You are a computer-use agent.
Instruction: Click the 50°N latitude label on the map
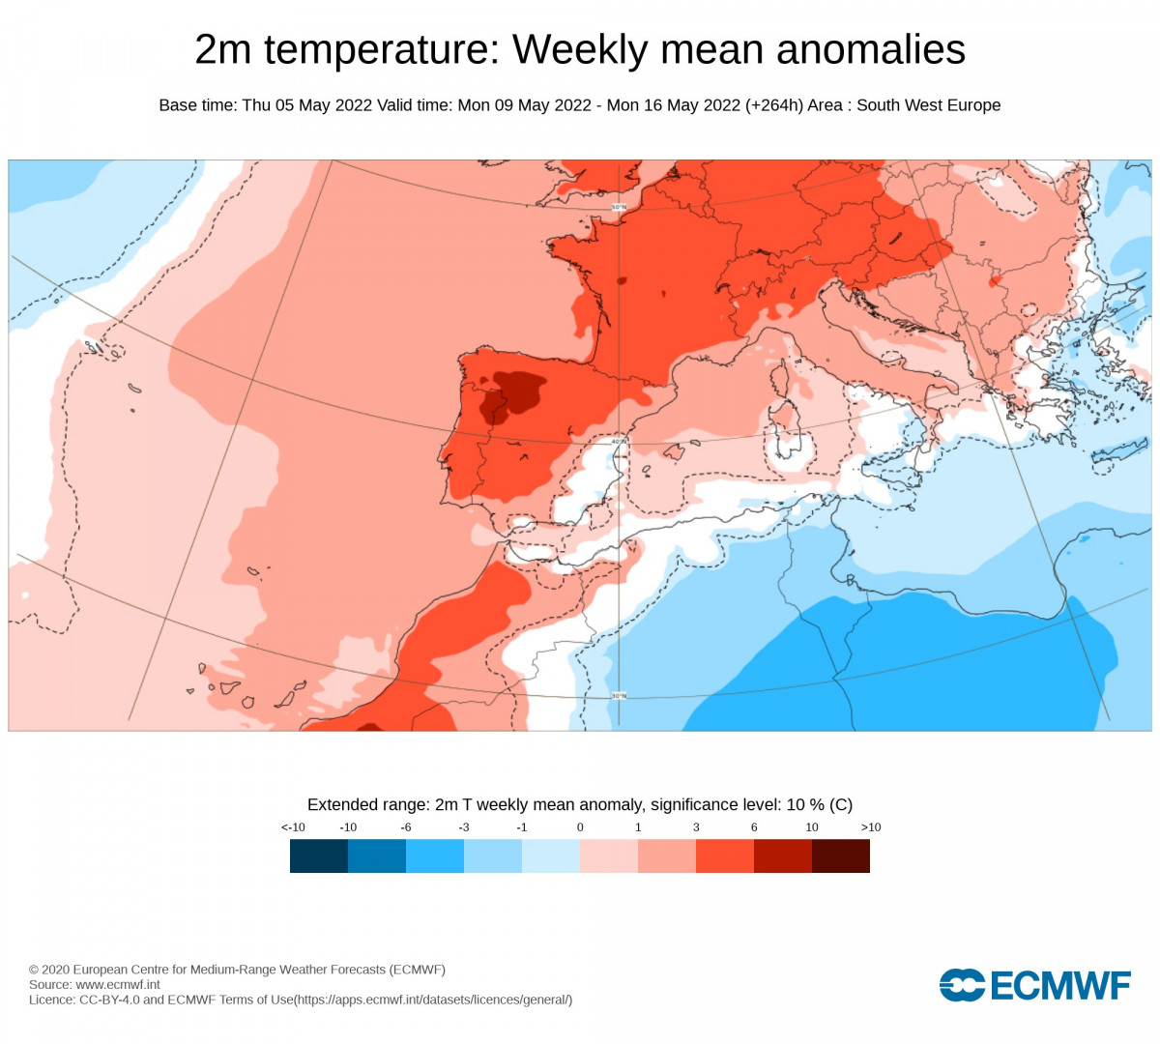[x=619, y=207]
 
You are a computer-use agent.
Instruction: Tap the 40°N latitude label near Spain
[x=619, y=442]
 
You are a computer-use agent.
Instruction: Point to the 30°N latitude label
[x=619, y=696]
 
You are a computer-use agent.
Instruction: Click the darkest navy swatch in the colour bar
[x=319, y=855]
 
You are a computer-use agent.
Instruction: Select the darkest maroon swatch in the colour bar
[x=841, y=855]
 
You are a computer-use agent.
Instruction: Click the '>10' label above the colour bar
[x=871, y=827]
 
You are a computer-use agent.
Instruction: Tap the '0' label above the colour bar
[x=580, y=827]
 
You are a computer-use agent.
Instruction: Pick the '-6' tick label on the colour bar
[x=406, y=827]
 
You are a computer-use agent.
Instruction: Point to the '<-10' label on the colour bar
[x=293, y=827]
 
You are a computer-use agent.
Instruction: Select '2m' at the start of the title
[x=223, y=50]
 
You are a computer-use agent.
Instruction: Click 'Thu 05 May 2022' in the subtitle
[x=306, y=105]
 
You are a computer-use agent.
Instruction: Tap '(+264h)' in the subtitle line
[x=774, y=105]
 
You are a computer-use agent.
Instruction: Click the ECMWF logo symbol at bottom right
[x=962, y=985]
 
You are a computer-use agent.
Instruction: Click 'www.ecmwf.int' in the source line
[x=118, y=985]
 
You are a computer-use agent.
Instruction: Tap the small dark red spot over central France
[x=619, y=281]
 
